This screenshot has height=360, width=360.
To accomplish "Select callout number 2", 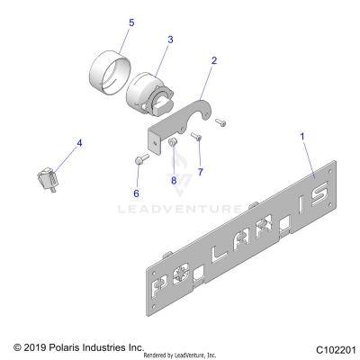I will (213, 61).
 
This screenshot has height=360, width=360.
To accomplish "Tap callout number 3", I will (168, 40).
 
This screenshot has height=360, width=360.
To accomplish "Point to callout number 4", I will (78, 141).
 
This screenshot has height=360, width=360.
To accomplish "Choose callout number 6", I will (136, 193).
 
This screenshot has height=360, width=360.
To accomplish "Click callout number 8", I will (174, 180).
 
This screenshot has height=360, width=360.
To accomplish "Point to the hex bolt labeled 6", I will (139, 162).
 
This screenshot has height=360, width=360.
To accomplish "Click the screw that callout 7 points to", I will (197, 137).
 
